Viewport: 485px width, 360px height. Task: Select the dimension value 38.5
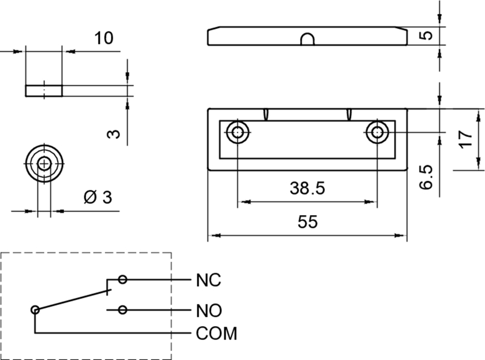307,188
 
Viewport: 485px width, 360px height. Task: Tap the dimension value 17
466,140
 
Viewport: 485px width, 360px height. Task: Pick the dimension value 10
104,39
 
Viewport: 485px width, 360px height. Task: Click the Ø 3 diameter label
97,198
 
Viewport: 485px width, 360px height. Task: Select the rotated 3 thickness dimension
112,134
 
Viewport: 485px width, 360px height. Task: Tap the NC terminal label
208,281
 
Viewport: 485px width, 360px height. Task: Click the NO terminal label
209,311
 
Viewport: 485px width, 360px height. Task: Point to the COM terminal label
216,333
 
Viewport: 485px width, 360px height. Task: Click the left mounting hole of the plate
237,132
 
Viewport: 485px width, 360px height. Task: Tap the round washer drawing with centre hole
44,163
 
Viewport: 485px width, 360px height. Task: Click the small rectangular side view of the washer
44,91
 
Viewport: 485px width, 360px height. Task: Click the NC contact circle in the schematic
123,279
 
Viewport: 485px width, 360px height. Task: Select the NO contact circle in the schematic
123,310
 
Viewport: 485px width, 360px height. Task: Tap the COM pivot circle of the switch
36,310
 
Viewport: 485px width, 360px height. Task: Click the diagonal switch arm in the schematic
73,300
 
